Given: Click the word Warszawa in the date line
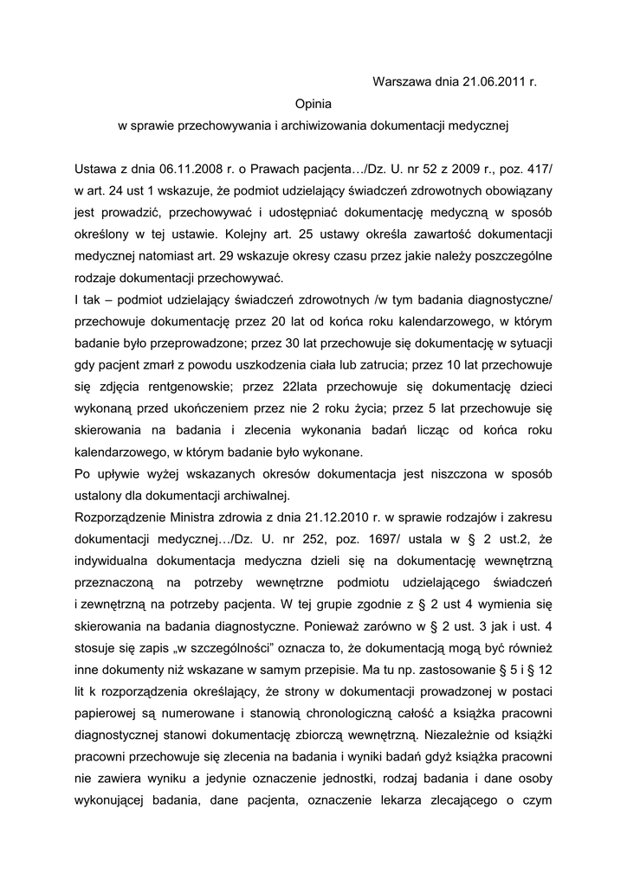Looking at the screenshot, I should click(x=401, y=82).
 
